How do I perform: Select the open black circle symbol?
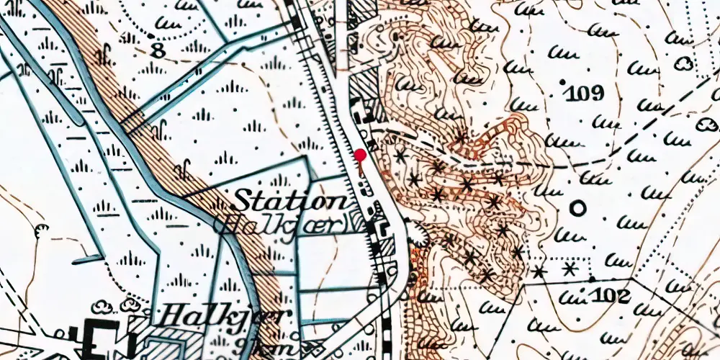(577, 209)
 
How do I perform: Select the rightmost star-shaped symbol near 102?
(570, 269)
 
